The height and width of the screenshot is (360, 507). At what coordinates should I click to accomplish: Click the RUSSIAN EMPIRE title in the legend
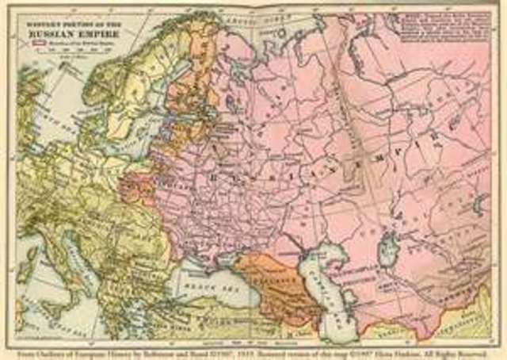(x=73, y=33)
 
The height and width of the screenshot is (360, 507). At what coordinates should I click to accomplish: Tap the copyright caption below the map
(x=253, y=347)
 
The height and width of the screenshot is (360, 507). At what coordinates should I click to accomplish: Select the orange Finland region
(x=190, y=87)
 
